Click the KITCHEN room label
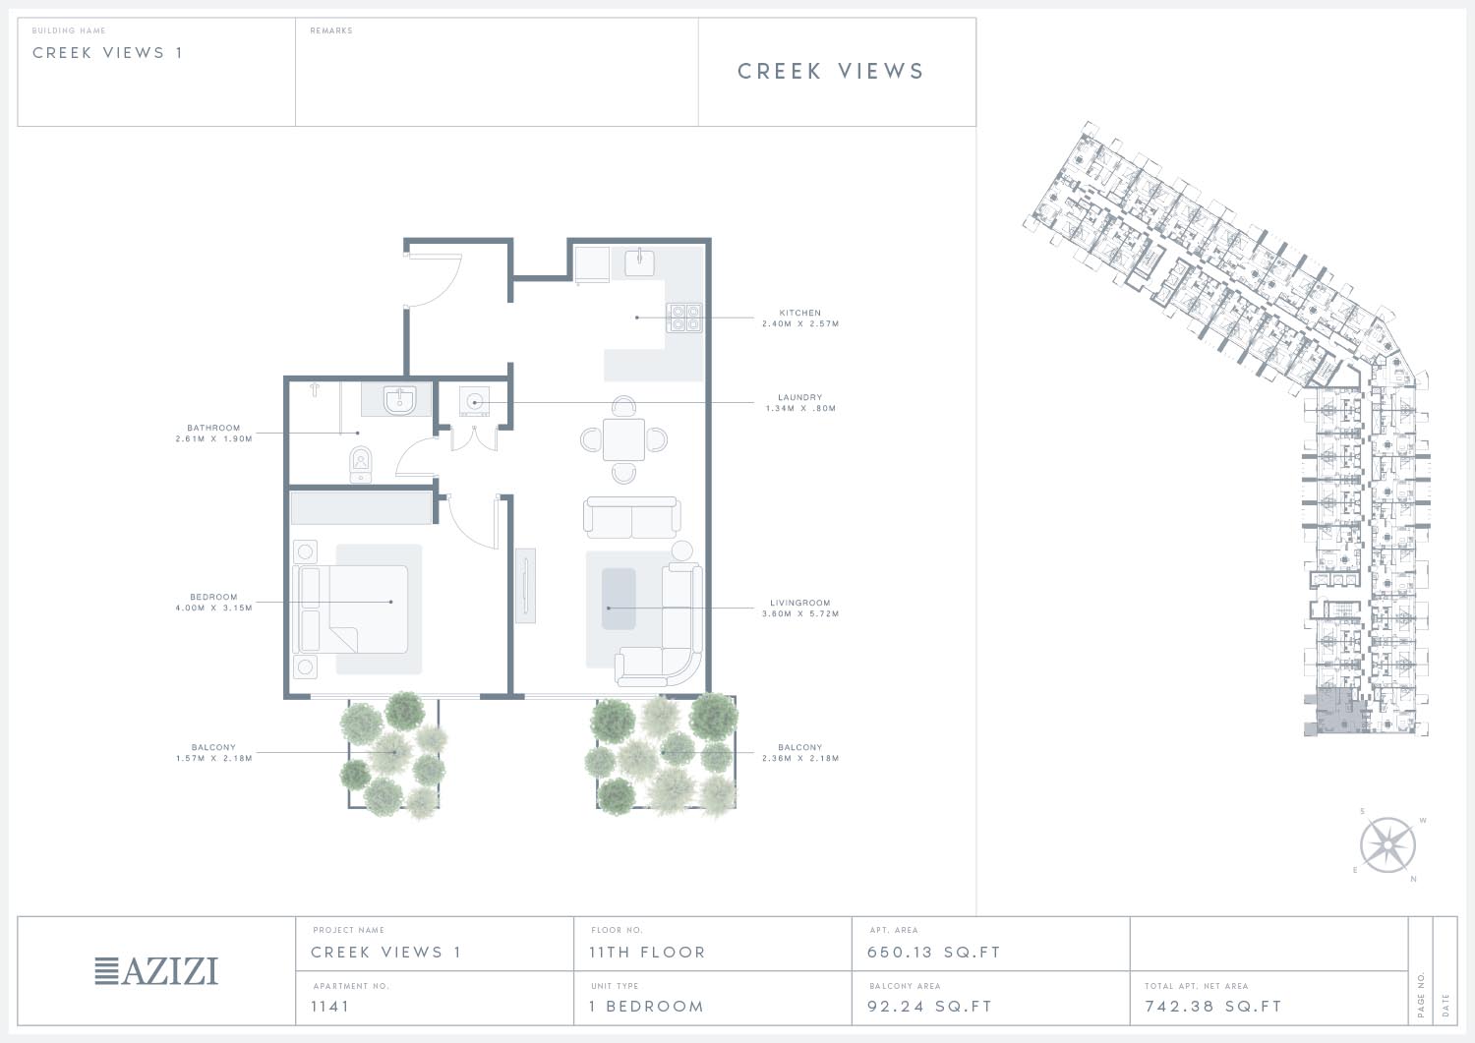pos(800,313)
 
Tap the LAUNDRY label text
pos(800,397)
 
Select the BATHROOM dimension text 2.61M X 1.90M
pos(214,438)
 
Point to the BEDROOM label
pos(213,597)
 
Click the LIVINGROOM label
pos(800,603)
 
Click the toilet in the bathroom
pos(360,464)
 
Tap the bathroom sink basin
pos(399,399)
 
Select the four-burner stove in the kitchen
pos(684,318)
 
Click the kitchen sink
pos(639,261)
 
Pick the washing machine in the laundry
pos(474,401)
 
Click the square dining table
pos(623,439)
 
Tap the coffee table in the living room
pos(619,599)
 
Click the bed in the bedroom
pos(354,609)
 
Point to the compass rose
pos(1387,845)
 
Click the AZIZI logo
pos(156,971)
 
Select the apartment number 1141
pos(329,1006)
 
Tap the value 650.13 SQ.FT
pos(934,953)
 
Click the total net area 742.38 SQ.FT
pos(1213,1006)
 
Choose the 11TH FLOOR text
pos(647,953)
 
